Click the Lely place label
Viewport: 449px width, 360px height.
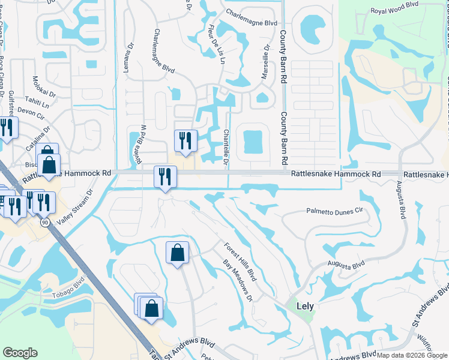click(304, 305)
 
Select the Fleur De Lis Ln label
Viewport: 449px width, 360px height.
click(217, 43)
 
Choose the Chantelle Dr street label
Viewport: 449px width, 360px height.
click(226, 148)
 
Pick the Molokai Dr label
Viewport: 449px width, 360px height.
click(43, 95)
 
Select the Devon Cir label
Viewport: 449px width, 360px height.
click(32, 111)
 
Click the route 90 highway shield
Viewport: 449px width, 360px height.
click(46, 222)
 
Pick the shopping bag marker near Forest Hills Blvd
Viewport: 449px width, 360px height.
click(178, 253)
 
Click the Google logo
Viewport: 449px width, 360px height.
click(20, 353)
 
